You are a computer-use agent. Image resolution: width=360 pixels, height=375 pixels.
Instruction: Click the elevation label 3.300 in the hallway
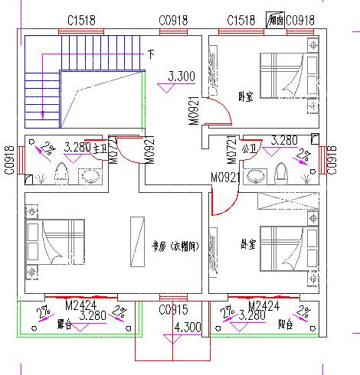pyautogui.click(x=181, y=76)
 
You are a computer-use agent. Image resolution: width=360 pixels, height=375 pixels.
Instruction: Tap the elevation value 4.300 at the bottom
pyautogui.click(x=188, y=328)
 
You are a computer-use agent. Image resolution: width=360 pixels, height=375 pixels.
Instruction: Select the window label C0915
pyautogui.click(x=174, y=310)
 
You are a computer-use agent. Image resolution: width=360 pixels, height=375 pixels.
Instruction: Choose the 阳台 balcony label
pyautogui.click(x=284, y=324)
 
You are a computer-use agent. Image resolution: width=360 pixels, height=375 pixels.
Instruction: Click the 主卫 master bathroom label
pyautogui.click(x=99, y=147)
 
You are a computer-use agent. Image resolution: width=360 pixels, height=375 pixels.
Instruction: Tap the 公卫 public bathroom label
pyautogui.click(x=248, y=148)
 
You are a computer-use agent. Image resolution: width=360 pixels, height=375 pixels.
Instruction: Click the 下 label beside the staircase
pyautogui.click(x=151, y=55)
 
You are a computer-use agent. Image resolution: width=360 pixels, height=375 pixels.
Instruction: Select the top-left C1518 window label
pyautogui.click(x=81, y=20)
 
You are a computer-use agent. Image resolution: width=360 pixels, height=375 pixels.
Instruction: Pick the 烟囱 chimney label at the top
pyautogui.click(x=275, y=19)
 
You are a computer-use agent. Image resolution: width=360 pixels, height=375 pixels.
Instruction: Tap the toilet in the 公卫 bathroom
pyautogui.click(x=280, y=173)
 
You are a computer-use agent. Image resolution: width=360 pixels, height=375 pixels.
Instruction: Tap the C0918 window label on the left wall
pyautogui.click(x=9, y=160)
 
